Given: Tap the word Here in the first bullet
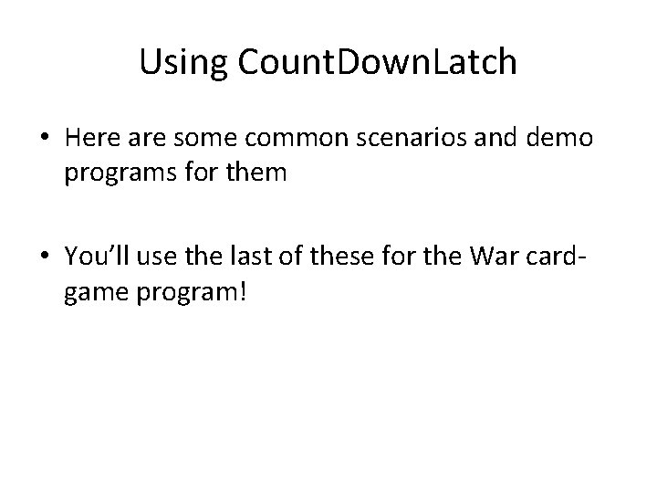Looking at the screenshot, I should coord(90,139).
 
